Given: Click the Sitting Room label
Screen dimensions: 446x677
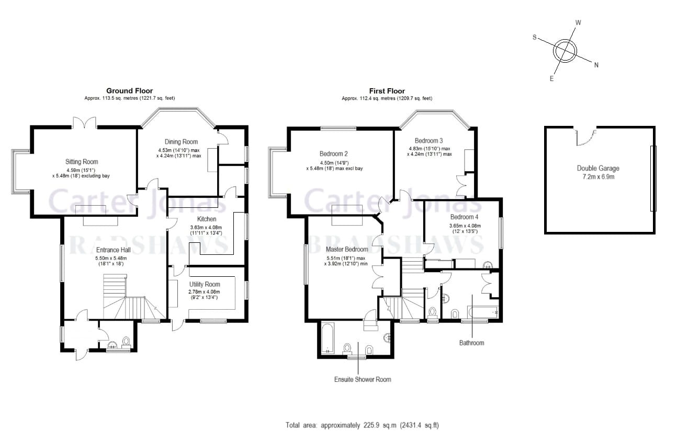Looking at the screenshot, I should (82, 162).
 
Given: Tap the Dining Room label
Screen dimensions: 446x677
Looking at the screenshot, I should (182, 142).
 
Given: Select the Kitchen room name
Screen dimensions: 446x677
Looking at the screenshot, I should (206, 219).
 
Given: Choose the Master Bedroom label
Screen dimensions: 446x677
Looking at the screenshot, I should (346, 250).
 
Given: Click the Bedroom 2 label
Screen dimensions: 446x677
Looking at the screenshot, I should (333, 154).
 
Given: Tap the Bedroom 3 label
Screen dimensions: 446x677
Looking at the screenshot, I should (428, 140).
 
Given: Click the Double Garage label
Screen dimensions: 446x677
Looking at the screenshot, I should (598, 168).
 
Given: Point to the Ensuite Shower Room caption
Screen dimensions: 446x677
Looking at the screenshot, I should (363, 379).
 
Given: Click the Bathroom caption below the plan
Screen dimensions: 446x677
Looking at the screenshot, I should (471, 343).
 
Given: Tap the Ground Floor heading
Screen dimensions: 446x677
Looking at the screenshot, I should (129, 91).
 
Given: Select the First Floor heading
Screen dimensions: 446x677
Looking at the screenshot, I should (387, 91).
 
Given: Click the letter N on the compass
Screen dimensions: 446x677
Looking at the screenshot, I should (596, 65).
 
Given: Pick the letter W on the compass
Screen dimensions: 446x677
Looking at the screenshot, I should (578, 23).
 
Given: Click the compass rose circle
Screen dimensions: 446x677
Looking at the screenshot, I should (565, 51).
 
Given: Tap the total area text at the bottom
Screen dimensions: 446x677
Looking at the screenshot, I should (362, 425).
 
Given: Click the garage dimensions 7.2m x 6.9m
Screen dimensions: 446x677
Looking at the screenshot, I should (597, 177).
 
